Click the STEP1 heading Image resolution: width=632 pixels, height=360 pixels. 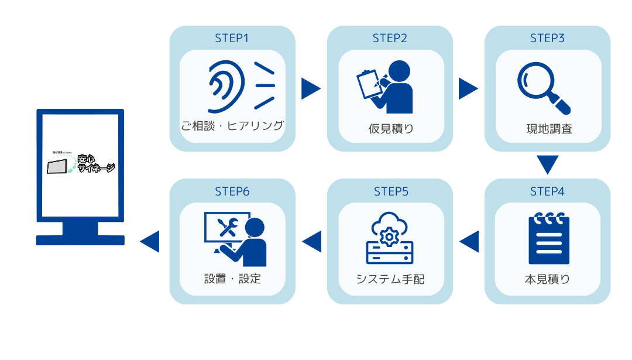click(x=232, y=39)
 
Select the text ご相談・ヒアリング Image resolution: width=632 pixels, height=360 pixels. click(x=232, y=126)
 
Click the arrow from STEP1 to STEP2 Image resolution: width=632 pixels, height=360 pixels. click(x=310, y=89)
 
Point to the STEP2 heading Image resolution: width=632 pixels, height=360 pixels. click(x=390, y=39)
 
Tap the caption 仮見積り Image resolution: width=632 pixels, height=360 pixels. click(x=390, y=129)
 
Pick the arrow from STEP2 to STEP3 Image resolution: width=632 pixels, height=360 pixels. click(x=468, y=89)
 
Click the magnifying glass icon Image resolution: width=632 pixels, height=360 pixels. click(x=543, y=88)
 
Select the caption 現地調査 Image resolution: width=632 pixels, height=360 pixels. click(x=548, y=129)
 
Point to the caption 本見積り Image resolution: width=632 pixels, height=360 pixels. click(x=548, y=279)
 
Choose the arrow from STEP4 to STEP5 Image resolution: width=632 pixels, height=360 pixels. click(x=470, y=242)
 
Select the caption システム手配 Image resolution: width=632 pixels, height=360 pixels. click(x=390, y=279)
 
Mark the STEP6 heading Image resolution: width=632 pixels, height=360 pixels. click(x=232, y=191)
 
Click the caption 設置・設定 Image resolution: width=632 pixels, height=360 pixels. click(x=232, y=279)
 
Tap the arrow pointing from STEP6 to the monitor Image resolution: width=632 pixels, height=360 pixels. click(x=150, y=242)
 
